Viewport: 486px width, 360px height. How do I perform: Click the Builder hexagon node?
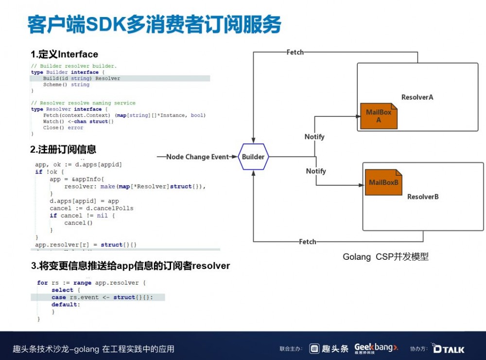coord(253,157)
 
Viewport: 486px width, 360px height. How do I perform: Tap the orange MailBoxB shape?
coord(383,182)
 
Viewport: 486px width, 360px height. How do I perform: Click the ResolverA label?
coord(417,97)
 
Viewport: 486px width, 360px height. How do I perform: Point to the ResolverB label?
coord(423,197)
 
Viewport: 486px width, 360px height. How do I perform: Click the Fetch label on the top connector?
coord(295,52)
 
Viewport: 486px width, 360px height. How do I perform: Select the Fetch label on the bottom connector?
coord(307,242)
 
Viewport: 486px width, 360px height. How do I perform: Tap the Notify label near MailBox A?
coord(314,137)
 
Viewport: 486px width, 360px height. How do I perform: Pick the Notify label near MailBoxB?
coord(316,171)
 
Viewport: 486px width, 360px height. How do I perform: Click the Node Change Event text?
coord(197,157)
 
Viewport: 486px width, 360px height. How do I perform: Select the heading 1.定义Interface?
coord(64,54)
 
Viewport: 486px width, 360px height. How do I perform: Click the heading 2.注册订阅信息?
coord(63,149)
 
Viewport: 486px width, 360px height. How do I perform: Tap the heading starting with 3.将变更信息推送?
coord(130,266)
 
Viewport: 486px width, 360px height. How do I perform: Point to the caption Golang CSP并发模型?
coord(386,257)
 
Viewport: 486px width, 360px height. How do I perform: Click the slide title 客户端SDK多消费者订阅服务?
coord(154,24)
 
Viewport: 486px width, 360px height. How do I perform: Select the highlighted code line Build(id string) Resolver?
coord(82,78)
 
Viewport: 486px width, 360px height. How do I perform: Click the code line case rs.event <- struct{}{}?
coord(108,297)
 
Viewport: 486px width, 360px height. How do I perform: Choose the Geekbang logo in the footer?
coord(376,348)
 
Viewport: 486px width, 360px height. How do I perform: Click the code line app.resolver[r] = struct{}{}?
coord(86,245)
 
